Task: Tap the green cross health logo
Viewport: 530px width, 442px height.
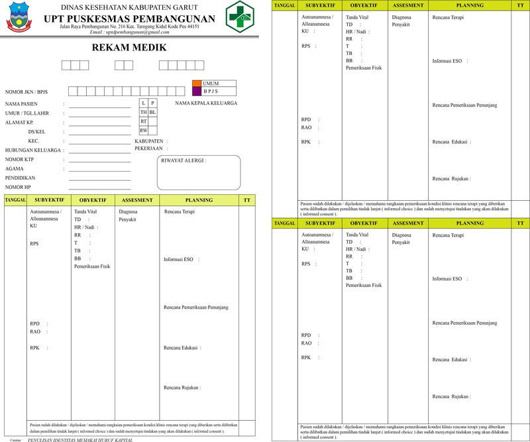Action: [x=239, y=16]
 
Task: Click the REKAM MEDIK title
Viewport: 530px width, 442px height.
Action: [x=129, y=48]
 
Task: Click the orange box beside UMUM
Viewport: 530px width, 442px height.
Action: [x=196, y=83]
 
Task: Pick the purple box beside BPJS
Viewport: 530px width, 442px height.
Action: [x=196, y=91]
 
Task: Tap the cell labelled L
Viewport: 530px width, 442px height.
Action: [x=143, y=103]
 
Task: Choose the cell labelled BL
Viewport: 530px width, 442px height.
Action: [x=152, y=113]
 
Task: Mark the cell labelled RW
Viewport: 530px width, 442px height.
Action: [x=143, y=131]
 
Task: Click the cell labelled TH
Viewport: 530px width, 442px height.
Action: [x=143, y=113]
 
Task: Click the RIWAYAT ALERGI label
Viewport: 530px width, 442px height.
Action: [x=184, y=160]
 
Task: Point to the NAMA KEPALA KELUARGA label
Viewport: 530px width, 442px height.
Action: [x=206, y=103]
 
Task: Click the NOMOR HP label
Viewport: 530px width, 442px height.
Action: [x=19, y=187]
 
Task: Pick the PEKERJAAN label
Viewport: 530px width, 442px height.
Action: [x=150, y=148]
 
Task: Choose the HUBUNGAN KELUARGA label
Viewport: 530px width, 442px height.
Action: [x=33, y=150]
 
